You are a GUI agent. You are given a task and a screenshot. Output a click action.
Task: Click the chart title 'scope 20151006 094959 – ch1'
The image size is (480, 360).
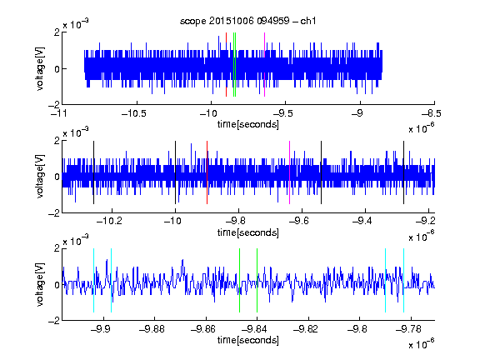[247, 21]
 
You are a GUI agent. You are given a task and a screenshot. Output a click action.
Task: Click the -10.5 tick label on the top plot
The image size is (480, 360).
[134, 114]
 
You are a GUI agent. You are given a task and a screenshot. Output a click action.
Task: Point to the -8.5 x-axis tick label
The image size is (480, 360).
[432, 114]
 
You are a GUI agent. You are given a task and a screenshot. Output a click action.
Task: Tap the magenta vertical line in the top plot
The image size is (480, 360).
[264, 64]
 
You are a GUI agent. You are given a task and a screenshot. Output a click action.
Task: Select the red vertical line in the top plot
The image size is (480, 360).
[226, 64]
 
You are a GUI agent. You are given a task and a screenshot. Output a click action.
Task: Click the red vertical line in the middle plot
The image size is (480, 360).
[207, 172]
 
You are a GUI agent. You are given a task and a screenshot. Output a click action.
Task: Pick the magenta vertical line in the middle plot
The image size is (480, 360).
[290, 172]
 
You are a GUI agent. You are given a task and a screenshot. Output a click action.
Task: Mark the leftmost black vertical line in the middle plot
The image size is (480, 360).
[93, 172]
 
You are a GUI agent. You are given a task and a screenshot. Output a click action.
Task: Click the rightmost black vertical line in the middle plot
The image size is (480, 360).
[403, 172]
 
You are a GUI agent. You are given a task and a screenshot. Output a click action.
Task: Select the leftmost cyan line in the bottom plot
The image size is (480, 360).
[93, 280]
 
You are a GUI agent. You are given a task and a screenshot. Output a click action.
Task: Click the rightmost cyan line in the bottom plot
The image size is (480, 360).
[403, 280]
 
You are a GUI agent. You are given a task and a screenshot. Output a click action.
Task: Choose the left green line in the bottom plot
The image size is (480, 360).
[239, 280]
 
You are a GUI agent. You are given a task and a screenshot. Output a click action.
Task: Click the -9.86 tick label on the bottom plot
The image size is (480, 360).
[203, 329]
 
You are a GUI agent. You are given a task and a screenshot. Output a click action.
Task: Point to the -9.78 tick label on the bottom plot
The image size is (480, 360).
[408, 329]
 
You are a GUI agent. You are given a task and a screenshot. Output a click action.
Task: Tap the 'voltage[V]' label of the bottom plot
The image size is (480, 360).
[40, 284]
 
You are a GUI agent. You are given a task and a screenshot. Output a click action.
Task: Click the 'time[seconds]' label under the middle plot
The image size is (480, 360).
[248, 232]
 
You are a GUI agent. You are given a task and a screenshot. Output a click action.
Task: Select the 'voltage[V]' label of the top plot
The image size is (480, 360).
[40, 68]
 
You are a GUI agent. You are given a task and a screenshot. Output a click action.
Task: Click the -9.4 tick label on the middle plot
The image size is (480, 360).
[362, 221]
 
